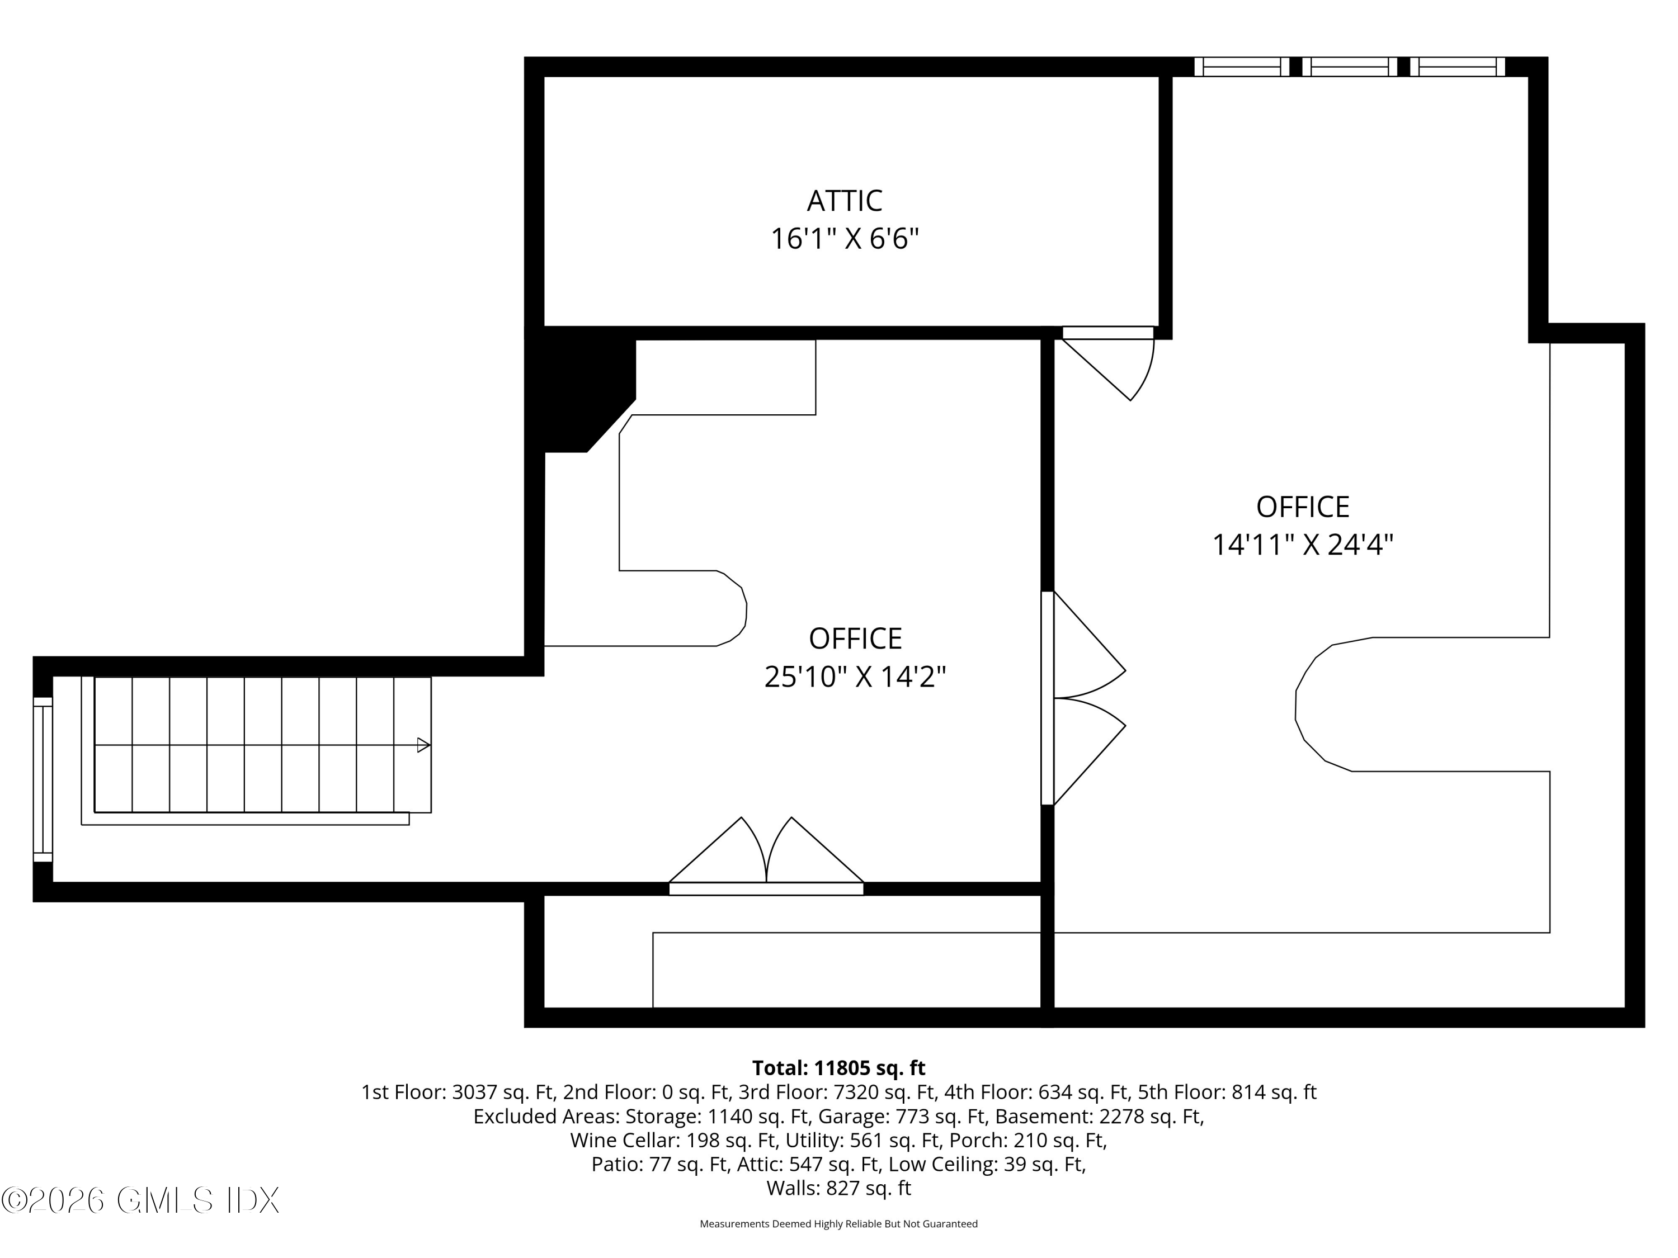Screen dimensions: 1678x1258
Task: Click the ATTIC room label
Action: (844, 201)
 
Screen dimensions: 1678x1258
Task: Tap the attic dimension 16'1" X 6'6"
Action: (844, 239)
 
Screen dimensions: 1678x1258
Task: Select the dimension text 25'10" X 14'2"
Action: (855, 677)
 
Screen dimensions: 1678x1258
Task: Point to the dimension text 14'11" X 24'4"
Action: (1303, 545)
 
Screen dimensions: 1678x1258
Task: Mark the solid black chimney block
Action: (581, 390)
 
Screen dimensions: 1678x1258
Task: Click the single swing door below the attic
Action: (1108, 363)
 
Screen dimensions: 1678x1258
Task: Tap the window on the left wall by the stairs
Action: (43, 779)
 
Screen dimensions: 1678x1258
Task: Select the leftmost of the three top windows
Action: (1242, 67)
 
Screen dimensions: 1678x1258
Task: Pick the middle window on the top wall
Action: (1350, 67)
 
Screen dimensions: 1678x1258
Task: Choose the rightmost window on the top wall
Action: (1457, 67)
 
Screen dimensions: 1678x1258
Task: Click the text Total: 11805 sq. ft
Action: (838, 1068)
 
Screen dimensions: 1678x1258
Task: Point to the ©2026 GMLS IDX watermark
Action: (140, 1200)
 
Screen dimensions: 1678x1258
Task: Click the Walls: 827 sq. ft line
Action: (838, 1188)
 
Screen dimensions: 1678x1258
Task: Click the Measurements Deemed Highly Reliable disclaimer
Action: (838, 1223)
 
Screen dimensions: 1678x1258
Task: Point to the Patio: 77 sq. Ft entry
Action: (659, 1164)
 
